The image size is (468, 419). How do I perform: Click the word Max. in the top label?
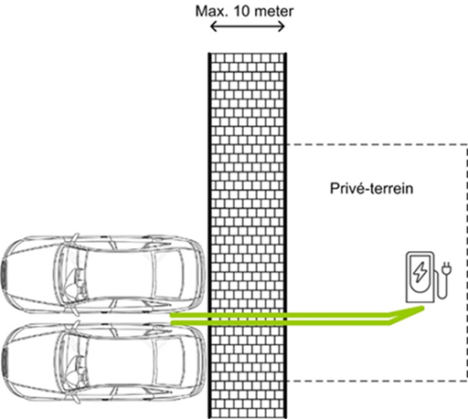(x=212, y=11)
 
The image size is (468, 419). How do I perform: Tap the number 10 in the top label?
(x=241, y=11)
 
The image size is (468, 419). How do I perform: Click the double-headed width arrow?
(x=248, y=27)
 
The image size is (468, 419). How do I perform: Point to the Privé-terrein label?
(x=372, y=188)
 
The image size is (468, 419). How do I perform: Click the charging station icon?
(x=428, y=277)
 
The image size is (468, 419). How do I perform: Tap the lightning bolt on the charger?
(x=420, y=272)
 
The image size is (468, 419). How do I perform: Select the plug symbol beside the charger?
(x=446, y=268)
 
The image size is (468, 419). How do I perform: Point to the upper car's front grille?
(x=4, y=274)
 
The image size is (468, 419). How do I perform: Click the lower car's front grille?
(x=4, y=363)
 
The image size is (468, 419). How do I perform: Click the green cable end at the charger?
(x=421, y=309)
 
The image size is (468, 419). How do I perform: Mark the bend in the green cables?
(x=390, y=319)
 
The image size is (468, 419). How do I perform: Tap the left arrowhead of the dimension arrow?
(x=213, y=27)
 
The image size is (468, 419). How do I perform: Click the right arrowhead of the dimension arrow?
(x=282, y=27)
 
